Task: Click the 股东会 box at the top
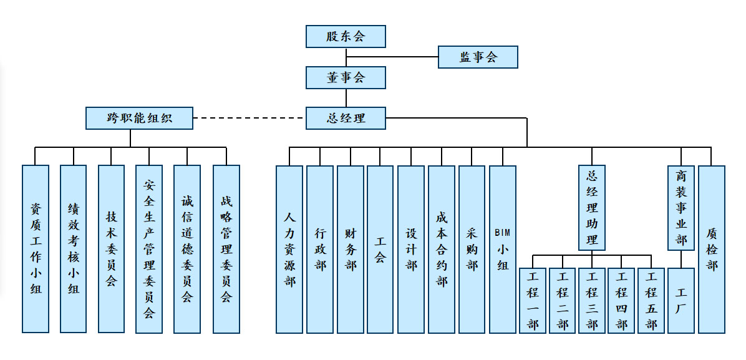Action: pyautogui.click(x=346, y=36)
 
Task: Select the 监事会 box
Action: pyautogui.click(x=478, y=57)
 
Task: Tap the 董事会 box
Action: pyautogui.click(x=346, y=77)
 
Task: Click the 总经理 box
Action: pyautogui.click(x=346, y=118)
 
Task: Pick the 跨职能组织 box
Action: pyautogui.click(x=139, y=118)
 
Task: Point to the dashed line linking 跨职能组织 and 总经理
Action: pyautogui.click(x=249, y=118)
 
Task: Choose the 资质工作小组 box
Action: pyautogui.click(x=36, y=249)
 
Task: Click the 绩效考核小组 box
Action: pyautogui.click(x=74, y=249)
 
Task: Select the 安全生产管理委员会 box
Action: pyautogui.click(x=149, y=249)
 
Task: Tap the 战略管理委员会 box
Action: pyautogui.click(x=226, y=249)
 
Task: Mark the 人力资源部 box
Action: pyautogui.click(x=289, y=249)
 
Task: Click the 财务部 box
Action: pyautogui.click(x=351, y=249)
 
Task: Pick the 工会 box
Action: pyautogui.click(x=380, y=249)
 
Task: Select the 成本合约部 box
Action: pyautogui.click(x=442, y=249)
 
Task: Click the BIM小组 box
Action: pyautogui.click(x=503, y=249)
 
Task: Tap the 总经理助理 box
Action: pyautogui.click(x=592, y=207)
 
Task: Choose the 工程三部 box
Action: pyautogui.click(x=592, y=300)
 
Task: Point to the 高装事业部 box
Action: pyautogui.click(x=681, y=207)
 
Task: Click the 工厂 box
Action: pyautogui.click(x=681, y=300)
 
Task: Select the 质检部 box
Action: pyautogui.click(x=712, y=249)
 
